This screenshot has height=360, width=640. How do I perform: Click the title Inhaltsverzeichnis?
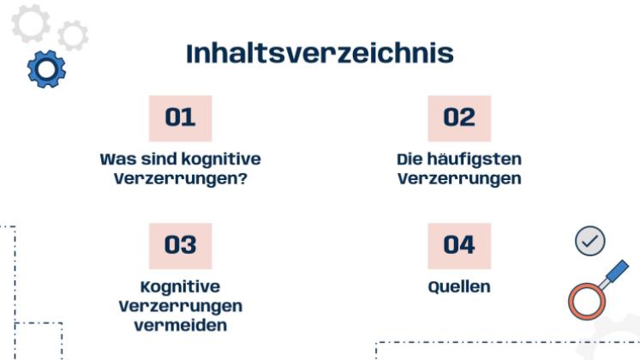point(320,53)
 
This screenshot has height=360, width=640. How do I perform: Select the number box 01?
point(180,118)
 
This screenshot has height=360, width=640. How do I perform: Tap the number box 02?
point(459,118)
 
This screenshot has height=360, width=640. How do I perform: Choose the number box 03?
point(180,245)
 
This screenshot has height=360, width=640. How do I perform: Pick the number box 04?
point(459,245)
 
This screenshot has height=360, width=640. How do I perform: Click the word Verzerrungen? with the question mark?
point(180,180)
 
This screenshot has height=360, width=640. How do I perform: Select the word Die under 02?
point(410,159)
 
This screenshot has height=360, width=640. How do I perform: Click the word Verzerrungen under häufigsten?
point(459,180)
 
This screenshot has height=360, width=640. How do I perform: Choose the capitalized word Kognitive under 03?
point(180,286)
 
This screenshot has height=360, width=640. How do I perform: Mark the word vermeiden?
point(180,326)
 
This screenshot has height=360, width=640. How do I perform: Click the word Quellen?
point(459,286)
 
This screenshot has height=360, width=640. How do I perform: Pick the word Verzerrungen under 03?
point(180,306)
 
